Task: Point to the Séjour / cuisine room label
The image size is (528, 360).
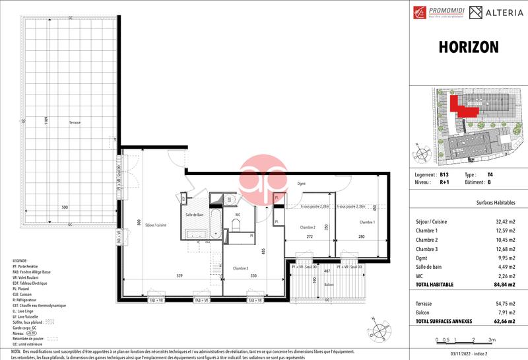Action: pyautogui.click(x=150, y=225)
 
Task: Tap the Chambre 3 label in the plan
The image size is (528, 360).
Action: pyautogui.click(x=240, y=268)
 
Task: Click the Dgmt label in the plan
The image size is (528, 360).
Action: pyautogui.click(x=302, y=184)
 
